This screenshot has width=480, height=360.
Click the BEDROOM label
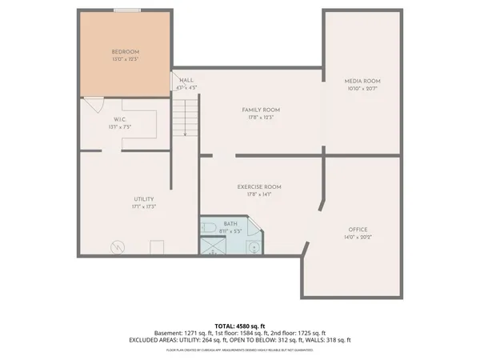[124, 53]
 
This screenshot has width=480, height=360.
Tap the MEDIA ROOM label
[362, 82]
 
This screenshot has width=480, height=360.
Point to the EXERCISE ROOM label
[259, 187]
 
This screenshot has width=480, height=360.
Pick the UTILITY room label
[144, 198]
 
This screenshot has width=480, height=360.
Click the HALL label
[187, 81]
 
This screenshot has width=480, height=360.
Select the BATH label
[230, 225]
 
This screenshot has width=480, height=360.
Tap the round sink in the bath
[254, 247]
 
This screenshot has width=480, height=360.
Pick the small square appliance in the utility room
[157, 246]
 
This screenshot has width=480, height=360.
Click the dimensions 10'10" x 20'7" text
[362, 90]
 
